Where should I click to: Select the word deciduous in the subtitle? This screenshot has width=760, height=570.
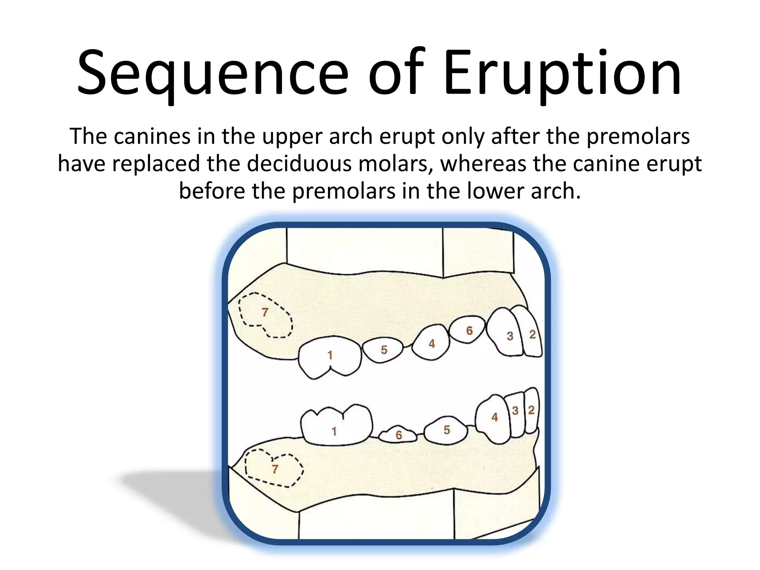click(x=299, y=164)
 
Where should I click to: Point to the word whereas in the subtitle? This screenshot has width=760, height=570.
click(x=483, y=164)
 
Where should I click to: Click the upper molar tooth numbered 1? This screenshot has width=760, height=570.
click(x=330, y=356)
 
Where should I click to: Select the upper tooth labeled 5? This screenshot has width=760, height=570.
click(x=383, y=350)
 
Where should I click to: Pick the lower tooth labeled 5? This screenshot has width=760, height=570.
click(x=446, y=430)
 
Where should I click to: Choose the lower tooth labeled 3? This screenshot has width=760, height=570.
click(x=515, y=414)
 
